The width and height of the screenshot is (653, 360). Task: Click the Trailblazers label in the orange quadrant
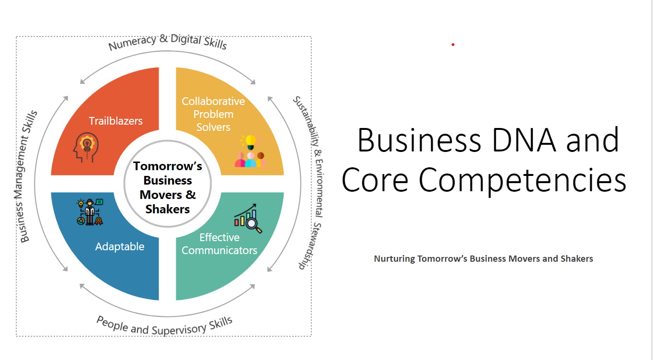click(x=116, y=121)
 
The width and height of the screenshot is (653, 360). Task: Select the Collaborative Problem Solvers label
click(x=213, y=114)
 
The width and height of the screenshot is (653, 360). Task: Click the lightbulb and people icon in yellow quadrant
click(x=250, y=151)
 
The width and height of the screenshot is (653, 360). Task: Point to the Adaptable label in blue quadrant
click(x=120, y=246)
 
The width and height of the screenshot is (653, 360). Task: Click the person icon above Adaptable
click(x=90, y=212)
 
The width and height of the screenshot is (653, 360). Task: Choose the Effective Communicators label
click(x=219, y=244)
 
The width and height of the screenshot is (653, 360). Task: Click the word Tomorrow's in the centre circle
click(x=168, y=166)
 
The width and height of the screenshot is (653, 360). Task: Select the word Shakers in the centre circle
click(x=168, y=209)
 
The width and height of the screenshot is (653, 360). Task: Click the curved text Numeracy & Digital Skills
click(x=168, y=42)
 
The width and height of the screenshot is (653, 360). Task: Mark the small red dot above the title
click(x=453, y=45)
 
